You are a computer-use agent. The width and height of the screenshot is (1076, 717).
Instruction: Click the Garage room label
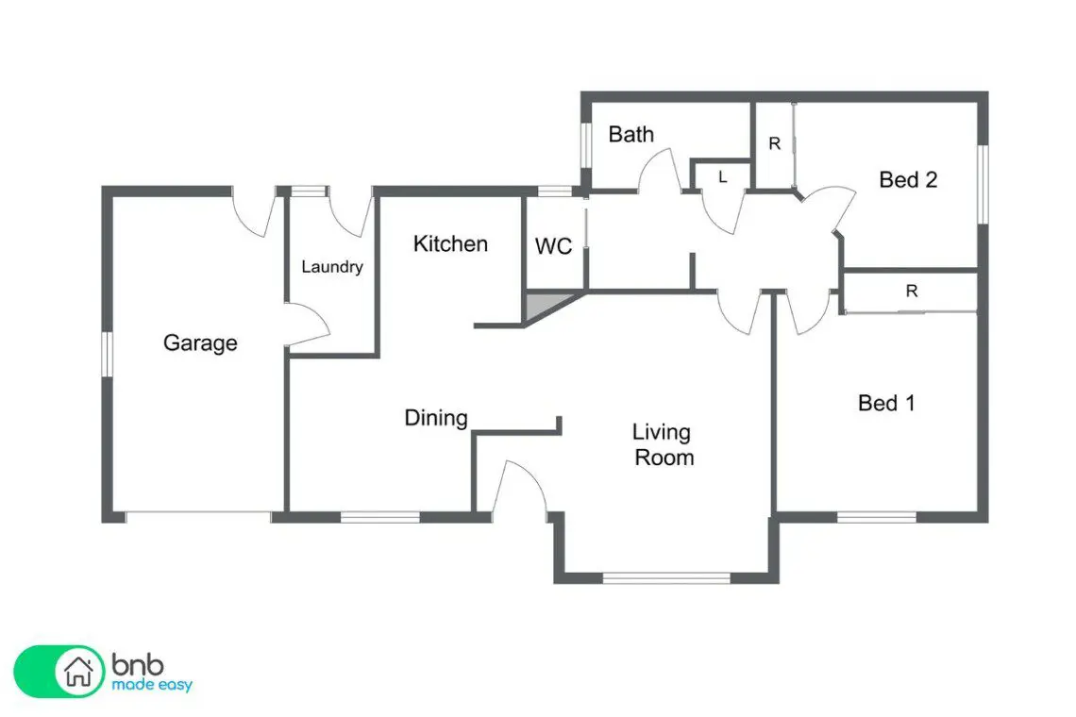(x=200, y=342)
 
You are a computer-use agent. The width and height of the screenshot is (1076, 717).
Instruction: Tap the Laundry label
(x=332, y=266)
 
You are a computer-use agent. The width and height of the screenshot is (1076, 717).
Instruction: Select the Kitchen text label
(x=450, y=243)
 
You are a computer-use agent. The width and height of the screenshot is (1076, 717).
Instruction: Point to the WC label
(x=553, y=245)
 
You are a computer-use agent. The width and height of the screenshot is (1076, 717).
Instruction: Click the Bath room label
(x=630, y=134)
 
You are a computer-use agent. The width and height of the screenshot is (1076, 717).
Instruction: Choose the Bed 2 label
(x=908, y=180)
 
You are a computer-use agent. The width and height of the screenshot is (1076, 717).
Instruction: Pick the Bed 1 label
(x=886, y=403)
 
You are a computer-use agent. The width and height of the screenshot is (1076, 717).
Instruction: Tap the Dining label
(x=436, y=417)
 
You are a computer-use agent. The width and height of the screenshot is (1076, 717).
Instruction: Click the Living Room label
(x=663, y=444)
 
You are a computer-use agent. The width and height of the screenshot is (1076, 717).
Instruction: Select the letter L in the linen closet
(x=723, y=177)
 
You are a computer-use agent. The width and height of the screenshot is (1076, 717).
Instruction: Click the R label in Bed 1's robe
(x=912, y=291)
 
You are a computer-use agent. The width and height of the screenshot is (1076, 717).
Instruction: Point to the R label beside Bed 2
(x=775, y=143)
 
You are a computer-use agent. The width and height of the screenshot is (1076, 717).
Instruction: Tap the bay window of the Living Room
(x=665, y=578)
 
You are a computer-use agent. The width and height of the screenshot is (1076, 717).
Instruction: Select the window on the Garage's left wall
(x=107, y=354)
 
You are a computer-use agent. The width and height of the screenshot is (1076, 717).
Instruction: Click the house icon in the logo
(x=78, y=671)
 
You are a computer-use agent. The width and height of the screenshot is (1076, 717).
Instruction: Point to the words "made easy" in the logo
(x=152, y=685)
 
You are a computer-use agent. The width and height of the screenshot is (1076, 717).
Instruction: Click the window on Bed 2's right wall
(x=983, y=184)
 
